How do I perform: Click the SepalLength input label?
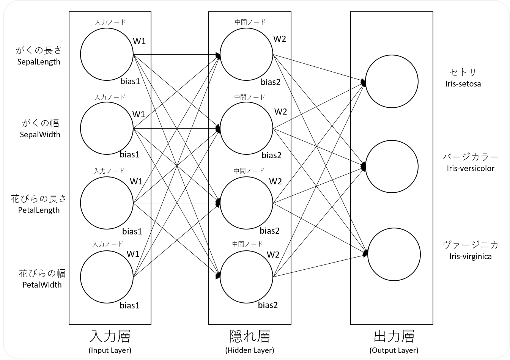pos(39,61)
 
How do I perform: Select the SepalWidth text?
pos(40,134)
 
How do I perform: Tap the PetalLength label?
pos(39,210)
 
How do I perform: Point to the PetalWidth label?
pos(42,285)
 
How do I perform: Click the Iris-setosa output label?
pos(463,84)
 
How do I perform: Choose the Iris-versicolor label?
pos(471,168)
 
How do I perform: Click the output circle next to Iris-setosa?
pos(392,81)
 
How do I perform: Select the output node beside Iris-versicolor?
pos(392,167)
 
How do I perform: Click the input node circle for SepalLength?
pos(107,54)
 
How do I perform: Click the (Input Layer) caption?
pos(110,350)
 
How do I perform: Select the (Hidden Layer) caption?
pos(249,350)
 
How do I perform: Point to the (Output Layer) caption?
pos(394,350)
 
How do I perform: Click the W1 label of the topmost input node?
pos(139,41)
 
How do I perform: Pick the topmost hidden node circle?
pos(247,54)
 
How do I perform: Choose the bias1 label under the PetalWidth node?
pos(130,305)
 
